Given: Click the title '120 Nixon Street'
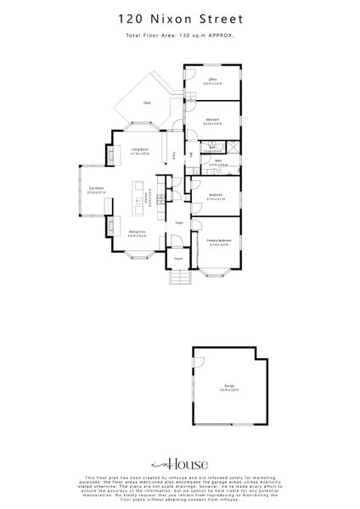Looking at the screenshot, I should coord(179,16).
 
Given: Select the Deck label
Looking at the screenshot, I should coord(148,103).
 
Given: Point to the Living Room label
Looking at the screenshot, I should coord(140,151).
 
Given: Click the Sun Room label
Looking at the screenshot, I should coord(95,189).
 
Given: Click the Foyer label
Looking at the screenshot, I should coord(179,222).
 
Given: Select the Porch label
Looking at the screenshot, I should coord(179,259).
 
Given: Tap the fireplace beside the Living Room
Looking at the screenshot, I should coord(112,154).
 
